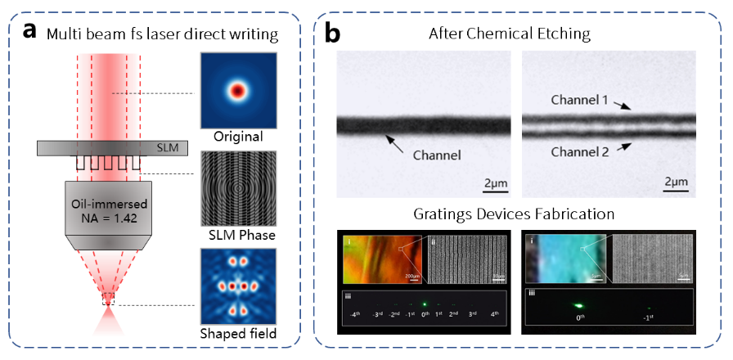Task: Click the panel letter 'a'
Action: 30,32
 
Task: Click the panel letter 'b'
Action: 334,33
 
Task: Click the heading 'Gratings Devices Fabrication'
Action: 516,215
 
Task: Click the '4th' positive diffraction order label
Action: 494,314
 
